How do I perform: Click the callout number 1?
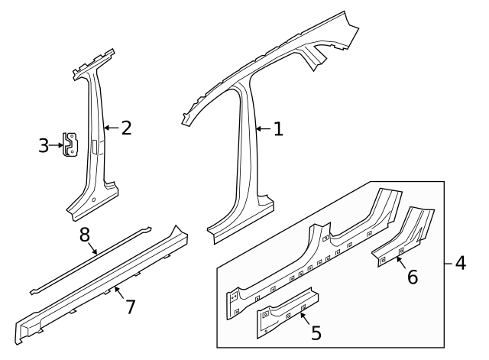(278, 130)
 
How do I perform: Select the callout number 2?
(127, 128)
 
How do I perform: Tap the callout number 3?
(44, 145)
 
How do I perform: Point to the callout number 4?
(459, 264)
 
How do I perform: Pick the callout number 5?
(316, 333)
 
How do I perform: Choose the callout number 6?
(412, 277)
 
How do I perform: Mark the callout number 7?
(131, 306)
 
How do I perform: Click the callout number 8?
(85, 235)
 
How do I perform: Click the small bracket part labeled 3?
(72, 144)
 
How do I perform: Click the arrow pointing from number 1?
(264, 130)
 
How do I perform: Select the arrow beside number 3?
(56, 144)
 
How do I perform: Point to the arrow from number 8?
(92, 247)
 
